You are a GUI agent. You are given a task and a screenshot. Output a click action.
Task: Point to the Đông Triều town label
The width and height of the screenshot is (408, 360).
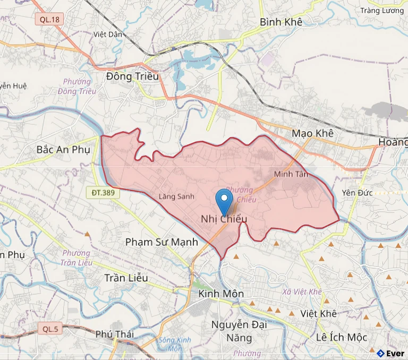click(132, 76)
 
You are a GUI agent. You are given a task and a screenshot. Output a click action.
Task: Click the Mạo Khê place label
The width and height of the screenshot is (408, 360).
click(312, 133)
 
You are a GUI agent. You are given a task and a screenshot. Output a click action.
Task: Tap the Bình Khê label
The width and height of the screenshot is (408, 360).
click(281, 22)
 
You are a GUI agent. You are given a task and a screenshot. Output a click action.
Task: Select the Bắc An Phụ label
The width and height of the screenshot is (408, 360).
click(63, 149)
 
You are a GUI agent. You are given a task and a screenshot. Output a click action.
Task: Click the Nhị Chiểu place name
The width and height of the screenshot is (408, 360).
click(224, 218)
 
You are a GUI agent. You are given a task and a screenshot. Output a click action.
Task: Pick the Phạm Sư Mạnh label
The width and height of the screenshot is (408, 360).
click(161, 242)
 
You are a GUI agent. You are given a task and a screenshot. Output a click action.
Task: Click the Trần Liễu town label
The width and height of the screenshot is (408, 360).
click(126, 278)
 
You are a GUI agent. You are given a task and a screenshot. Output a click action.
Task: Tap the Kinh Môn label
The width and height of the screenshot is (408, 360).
click(220, 294)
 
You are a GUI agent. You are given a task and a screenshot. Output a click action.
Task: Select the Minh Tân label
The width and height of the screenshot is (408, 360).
click(291, 174)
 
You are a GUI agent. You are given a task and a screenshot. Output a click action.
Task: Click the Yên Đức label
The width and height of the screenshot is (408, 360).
click(355, 192)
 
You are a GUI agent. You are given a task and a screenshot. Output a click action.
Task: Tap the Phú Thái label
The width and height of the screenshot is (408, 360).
click(115, 334)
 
